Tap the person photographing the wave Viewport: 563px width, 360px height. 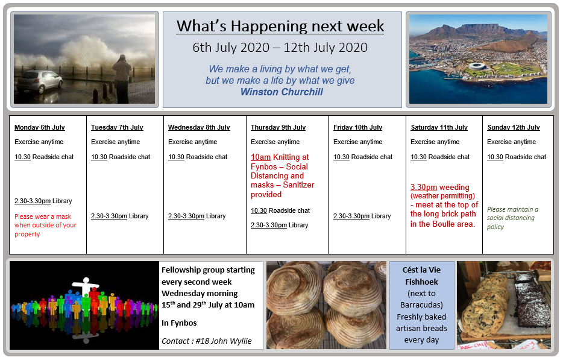coord(122,78)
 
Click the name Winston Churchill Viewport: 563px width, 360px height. coord(282,92)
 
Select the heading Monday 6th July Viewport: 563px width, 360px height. coord(40,127)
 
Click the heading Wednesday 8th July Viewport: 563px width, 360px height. coord(199,127)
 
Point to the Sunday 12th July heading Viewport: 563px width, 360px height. coord(514,127)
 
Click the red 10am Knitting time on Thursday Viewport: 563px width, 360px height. coord(260,157)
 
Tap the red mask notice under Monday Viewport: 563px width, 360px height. coord(45,226)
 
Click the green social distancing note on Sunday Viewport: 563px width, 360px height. coord(512,218)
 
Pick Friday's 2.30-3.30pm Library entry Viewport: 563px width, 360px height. coord(362,216)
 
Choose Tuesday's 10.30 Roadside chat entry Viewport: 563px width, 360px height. coord(121,157)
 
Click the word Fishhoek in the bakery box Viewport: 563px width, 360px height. coord(421,282)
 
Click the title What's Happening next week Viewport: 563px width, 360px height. coord(280,26)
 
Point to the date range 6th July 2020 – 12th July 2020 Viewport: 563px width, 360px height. coord(280,48)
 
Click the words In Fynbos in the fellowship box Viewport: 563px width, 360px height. coord(179,323)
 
